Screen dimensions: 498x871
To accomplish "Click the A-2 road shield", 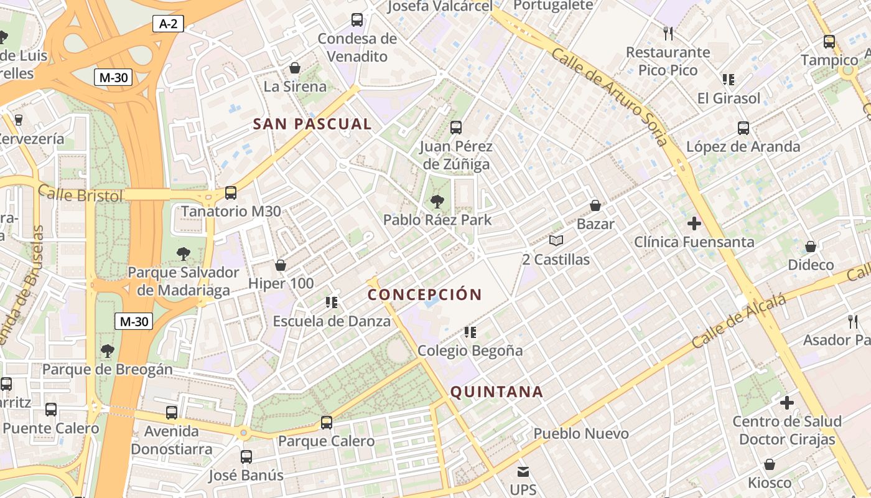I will coord(168,24).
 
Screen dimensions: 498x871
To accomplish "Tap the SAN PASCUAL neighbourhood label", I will coord(312,124).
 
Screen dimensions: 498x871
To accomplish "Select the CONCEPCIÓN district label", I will coord(425,294).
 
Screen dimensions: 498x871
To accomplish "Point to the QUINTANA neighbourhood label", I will coord(496,392).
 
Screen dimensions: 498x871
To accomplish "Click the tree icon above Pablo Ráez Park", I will coord(437,201).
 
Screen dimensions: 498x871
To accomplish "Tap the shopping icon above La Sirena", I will coord(295,68).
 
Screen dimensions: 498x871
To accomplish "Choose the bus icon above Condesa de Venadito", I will coord(357,20).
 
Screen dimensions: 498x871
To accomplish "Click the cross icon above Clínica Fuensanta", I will coord(694,223).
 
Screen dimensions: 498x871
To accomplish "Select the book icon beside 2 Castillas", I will coord(556,240).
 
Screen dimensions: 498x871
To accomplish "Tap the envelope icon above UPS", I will coord(523,471).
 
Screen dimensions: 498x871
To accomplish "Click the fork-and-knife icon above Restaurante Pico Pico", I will coord(668,33).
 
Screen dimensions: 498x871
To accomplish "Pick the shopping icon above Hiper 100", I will coord(281,265).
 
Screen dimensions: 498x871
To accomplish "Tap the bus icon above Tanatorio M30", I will coord(231,193).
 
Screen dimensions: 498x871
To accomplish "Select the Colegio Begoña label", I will coord(470,350).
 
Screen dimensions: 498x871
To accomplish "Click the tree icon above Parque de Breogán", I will coord(108,351).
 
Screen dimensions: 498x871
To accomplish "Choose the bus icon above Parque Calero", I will coord(327,423).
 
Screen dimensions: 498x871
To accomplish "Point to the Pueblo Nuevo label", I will coord(581,433).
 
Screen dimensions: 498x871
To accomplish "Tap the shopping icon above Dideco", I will coord(811,247).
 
